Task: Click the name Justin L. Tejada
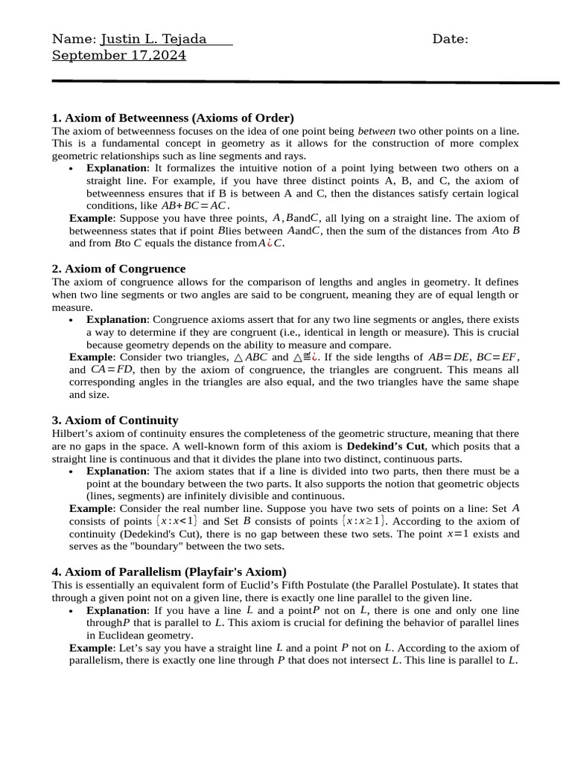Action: tap(153, 39)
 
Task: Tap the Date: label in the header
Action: tap(450, 39)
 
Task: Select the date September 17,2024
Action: tap(119, 56)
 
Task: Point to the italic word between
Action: tap(377, 130)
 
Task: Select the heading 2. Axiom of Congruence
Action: tap(118, 269)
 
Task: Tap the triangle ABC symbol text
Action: tap(250, 357)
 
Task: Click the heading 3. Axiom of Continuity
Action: tap(115, 420)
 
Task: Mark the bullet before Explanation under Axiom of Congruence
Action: tap(70, 320)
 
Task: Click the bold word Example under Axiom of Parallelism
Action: tap(91, 648)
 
